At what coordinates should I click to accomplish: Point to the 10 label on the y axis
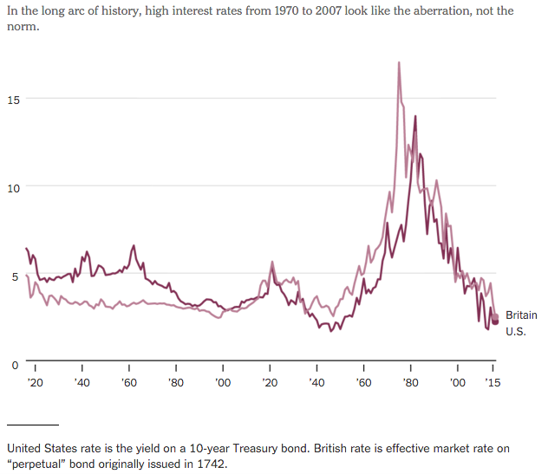[x=13, y=187]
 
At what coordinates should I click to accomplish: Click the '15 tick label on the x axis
[x=492, y=382]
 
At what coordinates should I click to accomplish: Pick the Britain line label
[x=521, y=315]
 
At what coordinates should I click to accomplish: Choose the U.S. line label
[x=516, y=332]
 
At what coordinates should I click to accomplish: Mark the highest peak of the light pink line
[x=399, y=62]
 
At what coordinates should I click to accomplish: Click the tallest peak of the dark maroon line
[x=415, y=116]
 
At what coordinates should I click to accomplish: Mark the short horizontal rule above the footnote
[x=33, y=425]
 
